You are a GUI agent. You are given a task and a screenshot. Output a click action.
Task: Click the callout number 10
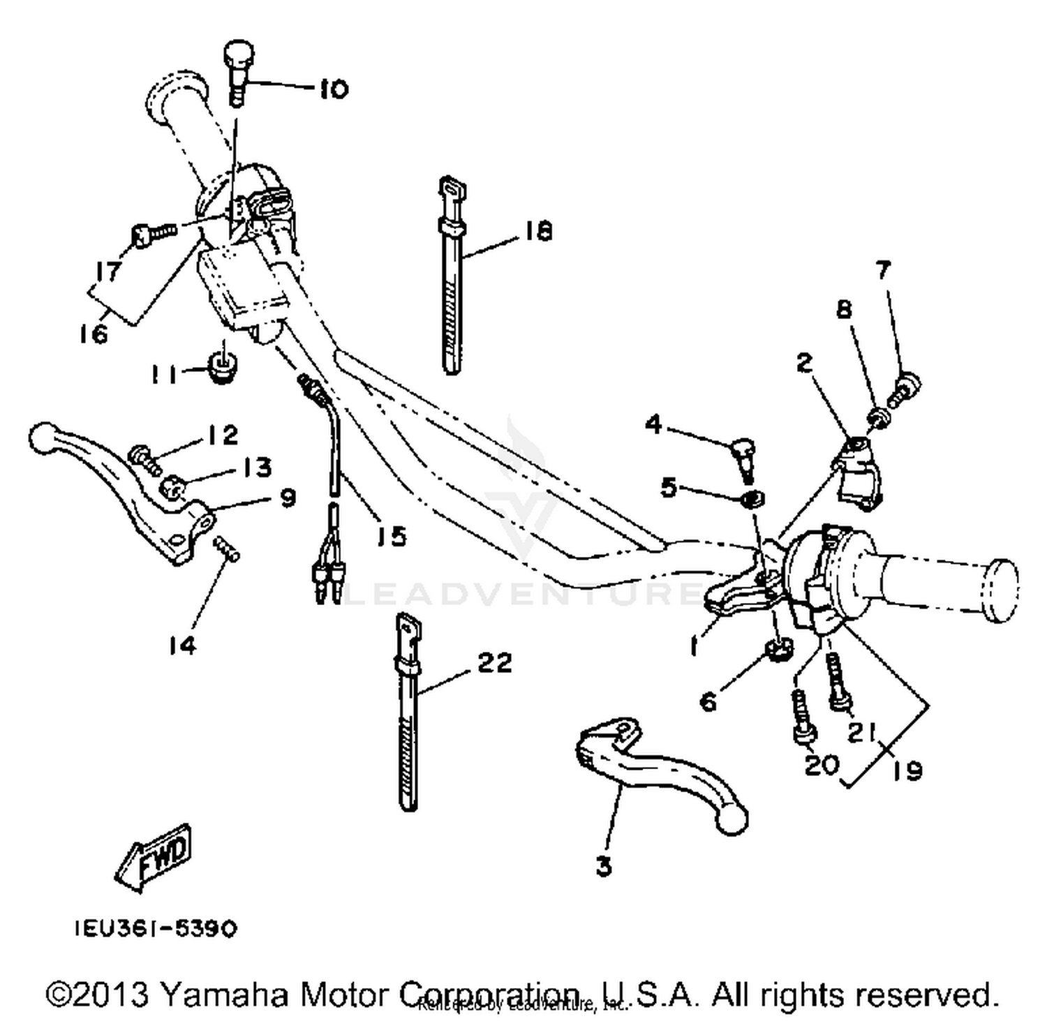[334, 89]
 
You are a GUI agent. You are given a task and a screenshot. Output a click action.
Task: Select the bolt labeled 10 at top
[238, 70]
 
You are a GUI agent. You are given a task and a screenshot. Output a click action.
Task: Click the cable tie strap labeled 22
[408, 719]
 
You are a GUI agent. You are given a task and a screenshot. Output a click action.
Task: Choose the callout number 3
[604, 866]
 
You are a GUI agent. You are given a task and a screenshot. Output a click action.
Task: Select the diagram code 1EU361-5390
[156, 929]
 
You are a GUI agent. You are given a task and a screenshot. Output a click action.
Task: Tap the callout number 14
[181, 646]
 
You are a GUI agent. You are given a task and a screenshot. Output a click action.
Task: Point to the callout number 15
[391, 536]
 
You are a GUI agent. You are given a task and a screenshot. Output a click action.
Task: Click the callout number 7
[883, 269]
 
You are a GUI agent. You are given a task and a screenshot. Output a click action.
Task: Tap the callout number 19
[907, 770]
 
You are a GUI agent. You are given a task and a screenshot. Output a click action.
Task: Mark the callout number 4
[653, 423]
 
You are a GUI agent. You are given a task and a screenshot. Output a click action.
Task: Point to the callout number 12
[223, 435]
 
